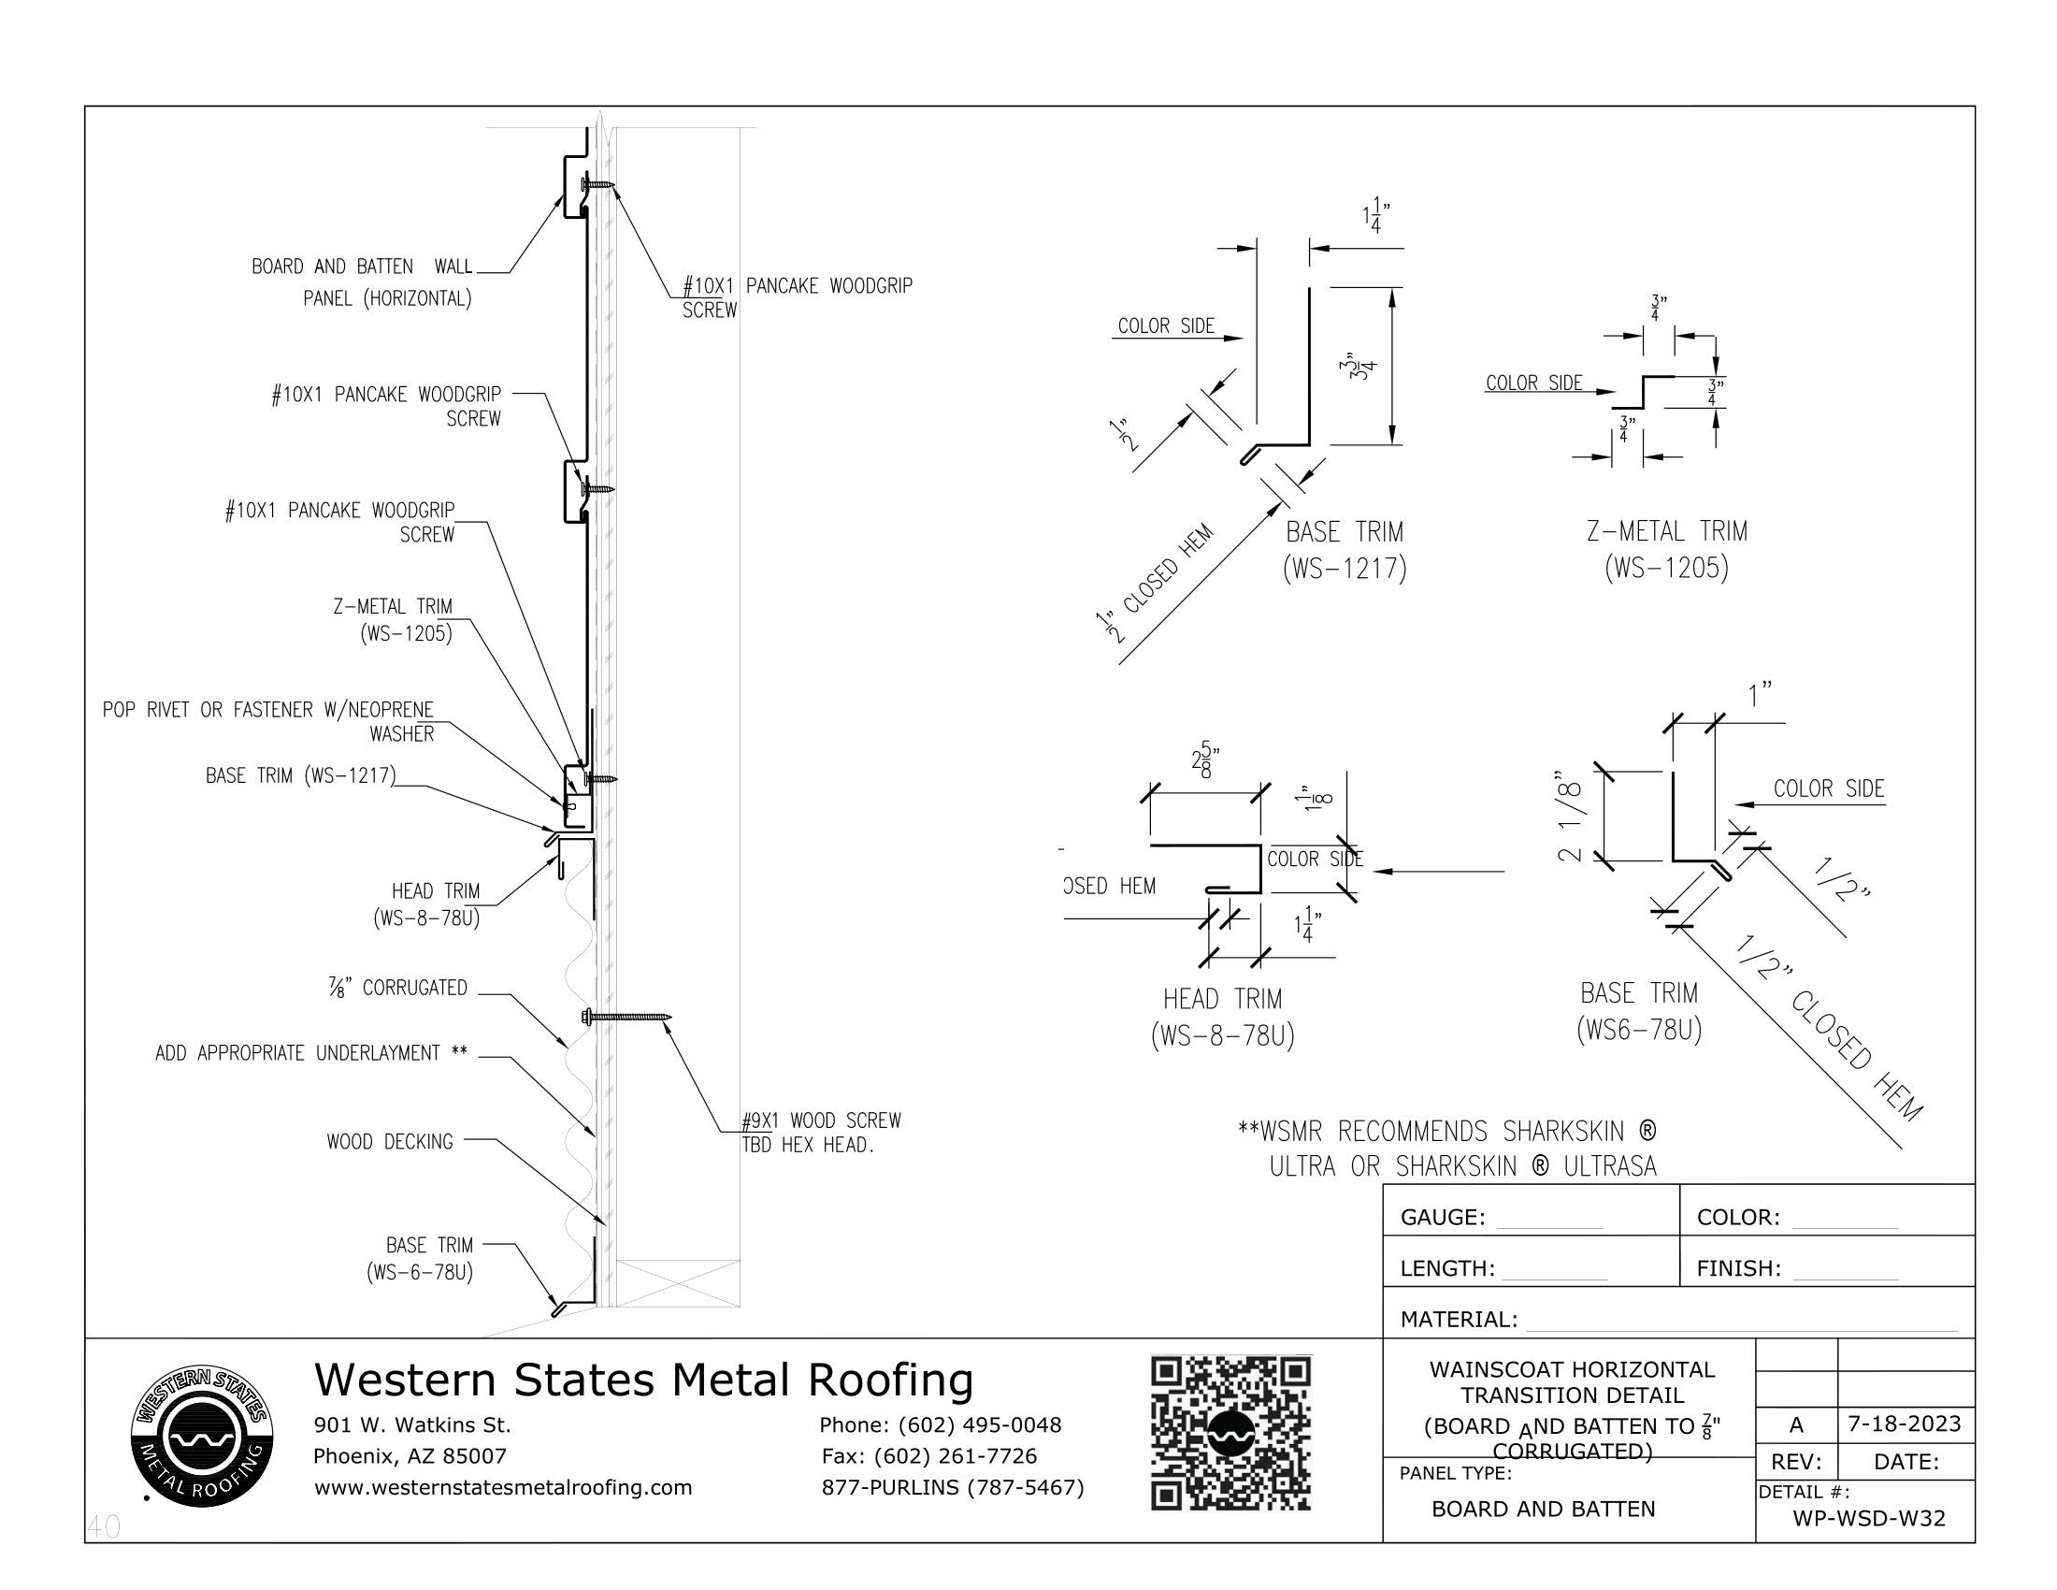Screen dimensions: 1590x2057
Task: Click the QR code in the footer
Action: [1230, 1435]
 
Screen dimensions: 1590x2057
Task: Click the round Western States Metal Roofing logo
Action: [202, 1438]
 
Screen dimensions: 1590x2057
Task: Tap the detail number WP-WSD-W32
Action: [1869, 1517]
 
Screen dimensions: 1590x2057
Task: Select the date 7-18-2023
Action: [1905, 1424]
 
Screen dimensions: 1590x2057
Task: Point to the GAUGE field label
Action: [1442, 1217]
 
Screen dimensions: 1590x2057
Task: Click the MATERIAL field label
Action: [1459, 1320]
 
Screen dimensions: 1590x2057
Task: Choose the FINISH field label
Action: [1738, 1269]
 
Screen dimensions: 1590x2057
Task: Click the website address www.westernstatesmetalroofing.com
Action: [503, 1487]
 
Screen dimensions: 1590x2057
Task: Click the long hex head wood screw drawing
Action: [627, 1017]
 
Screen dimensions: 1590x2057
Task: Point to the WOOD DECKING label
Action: [390, 1142]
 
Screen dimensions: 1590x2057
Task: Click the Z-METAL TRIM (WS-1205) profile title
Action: [1666, 549]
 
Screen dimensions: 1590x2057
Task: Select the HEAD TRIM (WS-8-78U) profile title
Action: [1223, 1018]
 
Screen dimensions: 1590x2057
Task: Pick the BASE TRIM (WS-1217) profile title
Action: [1344, 550]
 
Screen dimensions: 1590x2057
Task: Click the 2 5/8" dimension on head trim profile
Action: [1204, 761]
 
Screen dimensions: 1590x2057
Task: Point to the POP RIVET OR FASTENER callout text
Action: [268, 720]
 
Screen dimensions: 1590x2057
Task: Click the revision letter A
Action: [1796, 1425]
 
